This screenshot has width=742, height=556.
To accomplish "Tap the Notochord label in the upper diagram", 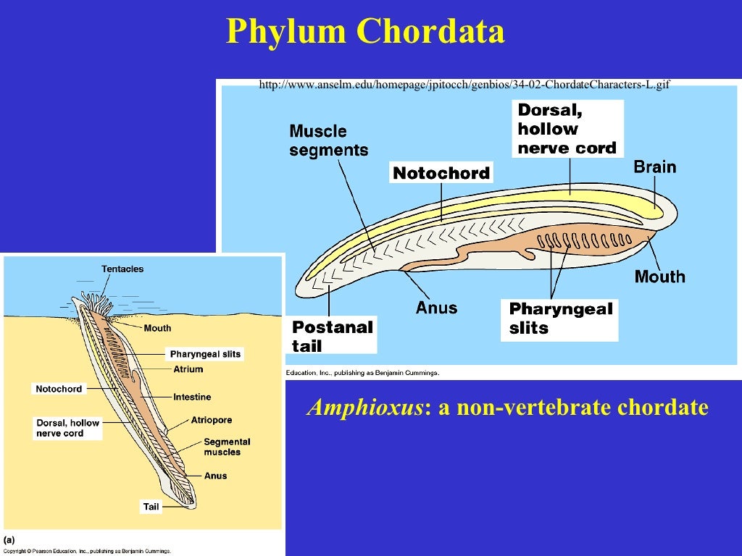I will point(441,174).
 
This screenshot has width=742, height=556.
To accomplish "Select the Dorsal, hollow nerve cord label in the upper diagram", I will point(567,129).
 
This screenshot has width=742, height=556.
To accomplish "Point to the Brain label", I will point(654,167).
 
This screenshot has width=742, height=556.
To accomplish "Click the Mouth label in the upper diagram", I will point(659,277).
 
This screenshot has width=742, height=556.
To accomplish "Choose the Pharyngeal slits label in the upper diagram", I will point(560,319).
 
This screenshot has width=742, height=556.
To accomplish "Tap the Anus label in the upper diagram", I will point(436,308).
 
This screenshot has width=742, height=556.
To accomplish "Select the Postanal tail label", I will point(333,336).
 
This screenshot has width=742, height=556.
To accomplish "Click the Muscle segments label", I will point(328,140).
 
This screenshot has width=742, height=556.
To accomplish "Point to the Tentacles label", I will point(122,269).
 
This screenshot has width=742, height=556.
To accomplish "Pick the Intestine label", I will point(192,397).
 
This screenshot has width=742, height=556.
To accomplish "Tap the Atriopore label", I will point(212,420).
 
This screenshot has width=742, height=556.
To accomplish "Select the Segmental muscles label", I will point(227,447).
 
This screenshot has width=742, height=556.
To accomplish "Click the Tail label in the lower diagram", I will point(151,507).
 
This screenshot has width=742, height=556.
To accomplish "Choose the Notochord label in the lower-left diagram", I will point(59,389).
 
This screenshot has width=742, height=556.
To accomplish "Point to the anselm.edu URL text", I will point(464,85).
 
